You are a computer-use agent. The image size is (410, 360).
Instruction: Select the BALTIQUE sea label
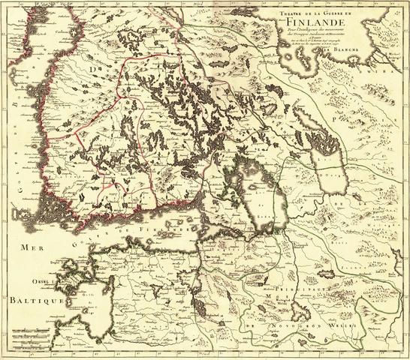[31, 298]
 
